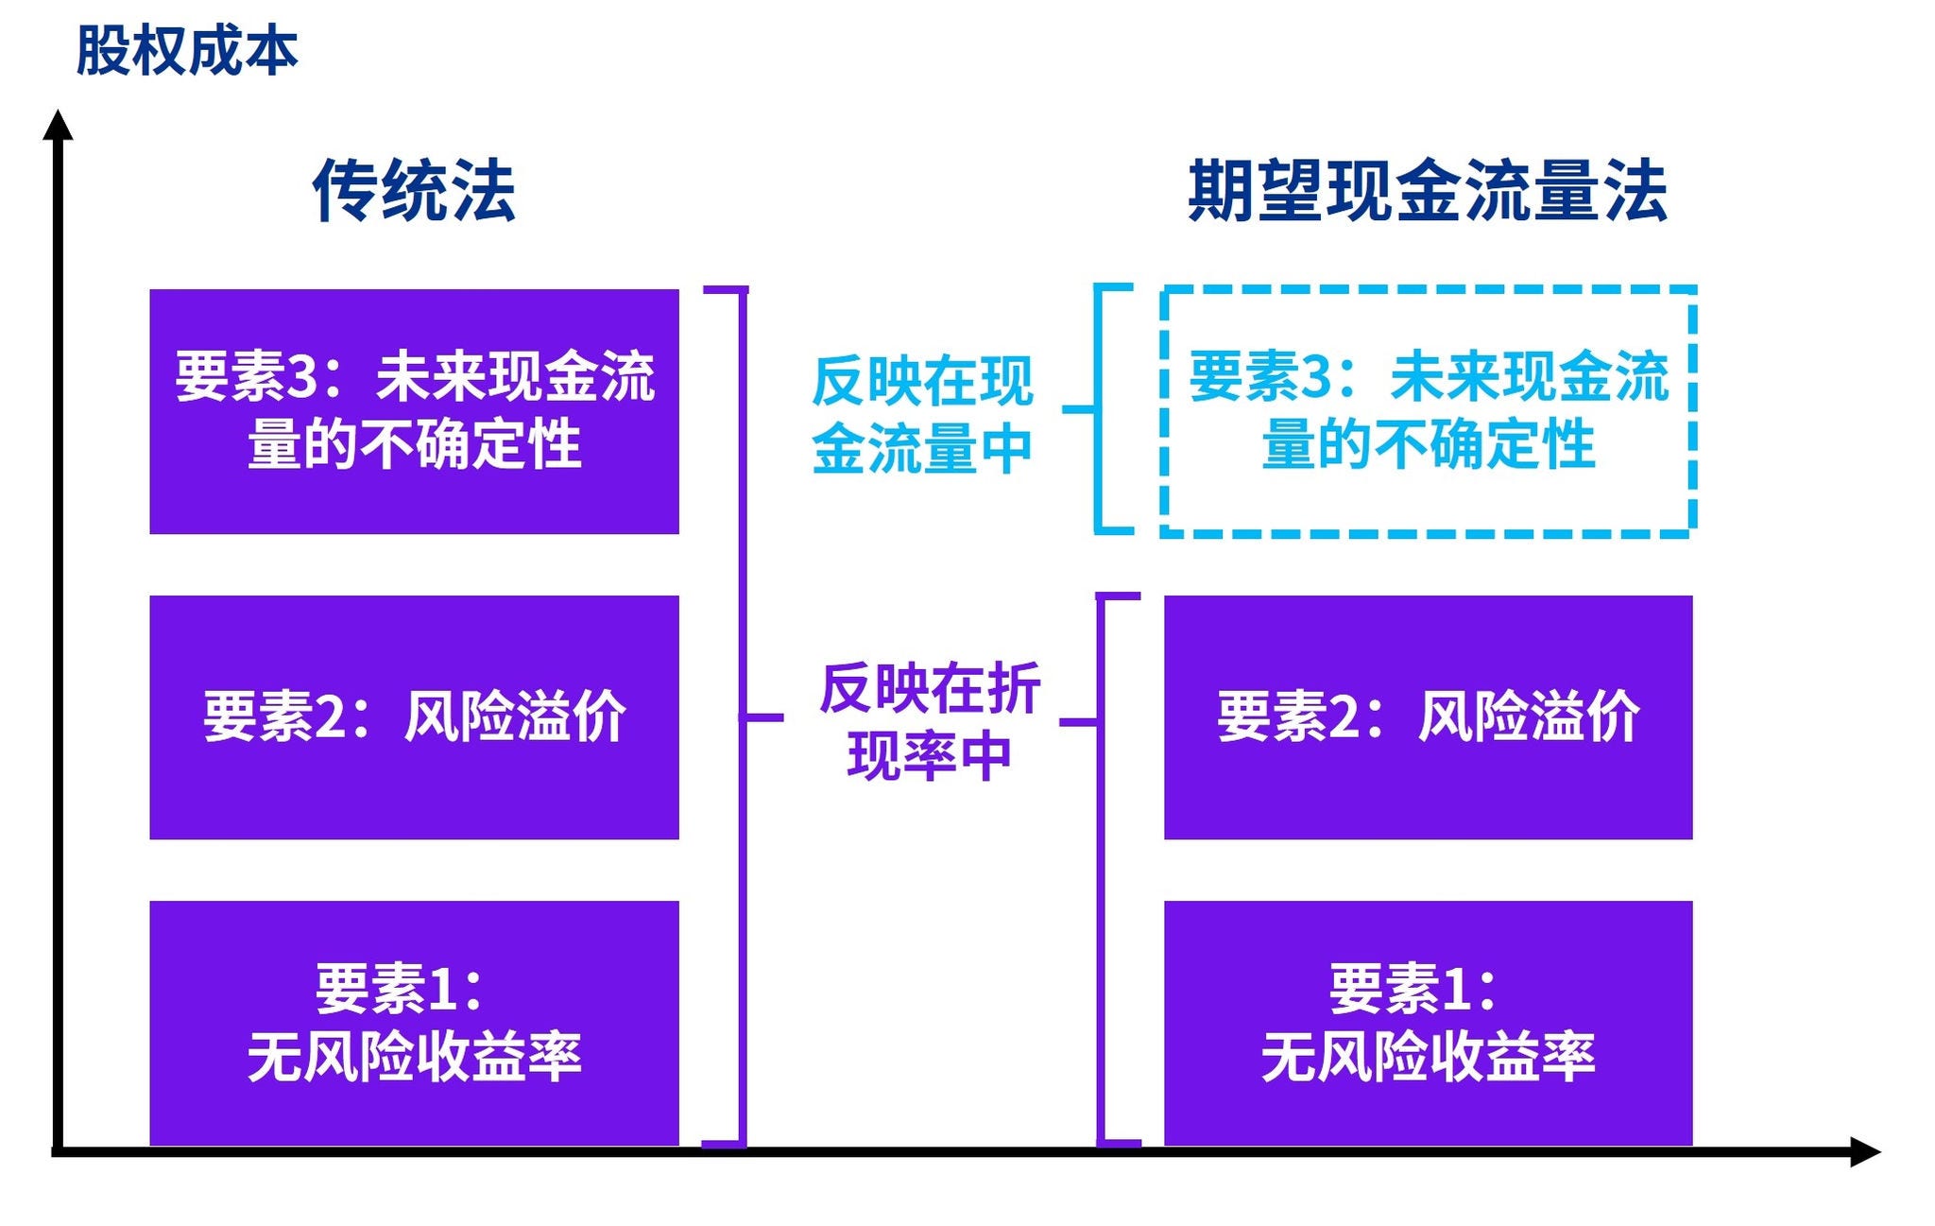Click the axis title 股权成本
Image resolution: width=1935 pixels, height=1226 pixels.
(186, 50)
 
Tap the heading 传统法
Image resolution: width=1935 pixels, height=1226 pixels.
(414, 191)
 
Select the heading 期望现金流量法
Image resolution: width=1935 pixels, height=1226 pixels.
(1427, 191)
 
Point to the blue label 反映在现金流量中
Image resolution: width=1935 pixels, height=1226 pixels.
(922, 414)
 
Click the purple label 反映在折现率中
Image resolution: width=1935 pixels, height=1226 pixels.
(930, 720)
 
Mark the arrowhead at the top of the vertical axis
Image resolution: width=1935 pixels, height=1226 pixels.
(58, 125)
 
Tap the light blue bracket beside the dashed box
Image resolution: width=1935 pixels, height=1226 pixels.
(1098, 409)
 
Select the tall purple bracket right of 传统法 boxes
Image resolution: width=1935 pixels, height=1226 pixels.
(743, 717)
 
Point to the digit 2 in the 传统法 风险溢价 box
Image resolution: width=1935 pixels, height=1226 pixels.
(330, 717)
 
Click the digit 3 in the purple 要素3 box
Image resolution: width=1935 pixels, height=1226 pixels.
(302, 376)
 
